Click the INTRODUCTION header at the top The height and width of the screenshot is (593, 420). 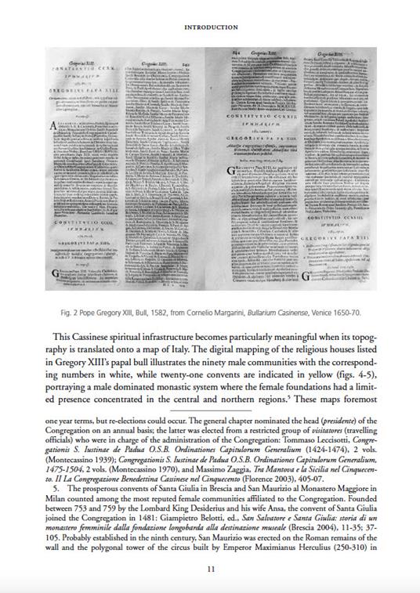coord(209,27)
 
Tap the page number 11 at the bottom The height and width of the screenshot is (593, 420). coord(210,569)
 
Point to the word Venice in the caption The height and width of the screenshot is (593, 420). coord(331,312)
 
